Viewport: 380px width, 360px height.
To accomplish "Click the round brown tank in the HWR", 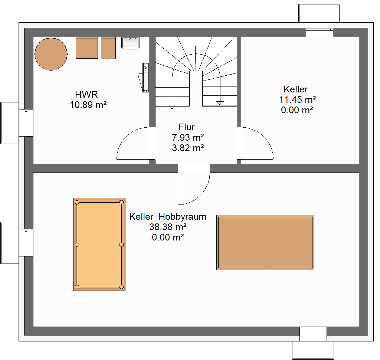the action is click(51, 54).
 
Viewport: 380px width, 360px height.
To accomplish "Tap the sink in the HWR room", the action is click(130, 43).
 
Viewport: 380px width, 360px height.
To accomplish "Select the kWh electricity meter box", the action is click(145, 78).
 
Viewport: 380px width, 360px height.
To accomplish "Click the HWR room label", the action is click(86, 94).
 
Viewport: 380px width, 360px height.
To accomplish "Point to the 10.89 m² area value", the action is click(88, 105).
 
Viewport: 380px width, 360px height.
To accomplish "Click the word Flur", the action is click(186, 127).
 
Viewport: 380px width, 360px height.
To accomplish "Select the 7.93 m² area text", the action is click(188, 137).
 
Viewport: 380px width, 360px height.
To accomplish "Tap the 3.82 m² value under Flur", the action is click(188, 148).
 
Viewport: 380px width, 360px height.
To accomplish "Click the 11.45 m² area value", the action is click(297, 99).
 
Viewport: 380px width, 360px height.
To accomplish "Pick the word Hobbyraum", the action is click(183, 217).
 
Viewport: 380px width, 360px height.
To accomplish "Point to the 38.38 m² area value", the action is click(168, 227).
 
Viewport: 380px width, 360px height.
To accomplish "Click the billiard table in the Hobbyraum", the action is click(99, 244).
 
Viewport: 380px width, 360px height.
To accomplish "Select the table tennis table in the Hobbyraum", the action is click(265, 242).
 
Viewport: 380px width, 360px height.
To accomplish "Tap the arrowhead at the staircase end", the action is click(220, 103).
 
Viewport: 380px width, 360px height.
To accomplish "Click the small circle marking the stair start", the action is click(172, 106).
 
